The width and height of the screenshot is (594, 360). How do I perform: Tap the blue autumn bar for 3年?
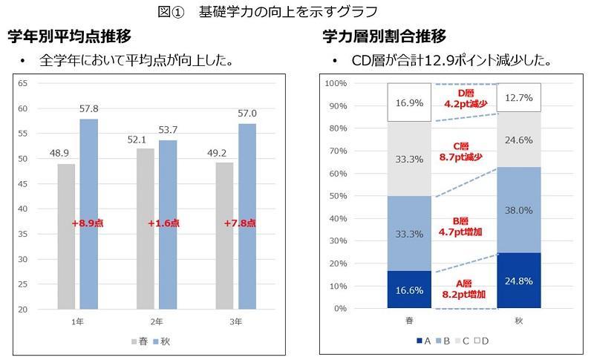click(x=247, y=216)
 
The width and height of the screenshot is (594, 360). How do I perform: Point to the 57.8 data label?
click(x=89, y=109)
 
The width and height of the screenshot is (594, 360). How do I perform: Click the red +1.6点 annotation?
click(x=164, y=223)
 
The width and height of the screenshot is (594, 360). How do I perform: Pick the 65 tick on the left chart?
click(x=22, y=83)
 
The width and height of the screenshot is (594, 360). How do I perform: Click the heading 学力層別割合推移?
click(x=385, y=36)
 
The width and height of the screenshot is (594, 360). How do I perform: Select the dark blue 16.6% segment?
click(x=409, y=289)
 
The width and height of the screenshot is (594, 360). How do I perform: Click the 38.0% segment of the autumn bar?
click(x=518, y=210)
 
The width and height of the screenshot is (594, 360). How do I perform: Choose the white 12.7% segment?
click(x=518, y=97)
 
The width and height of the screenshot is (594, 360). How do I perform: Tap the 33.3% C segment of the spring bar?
click(x=409, y=159)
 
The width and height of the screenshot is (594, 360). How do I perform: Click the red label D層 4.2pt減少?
click(x=465, y=99)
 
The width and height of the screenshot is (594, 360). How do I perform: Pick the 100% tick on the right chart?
click(x=336, y=83)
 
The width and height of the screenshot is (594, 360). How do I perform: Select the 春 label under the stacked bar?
click(x=409, y=320)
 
